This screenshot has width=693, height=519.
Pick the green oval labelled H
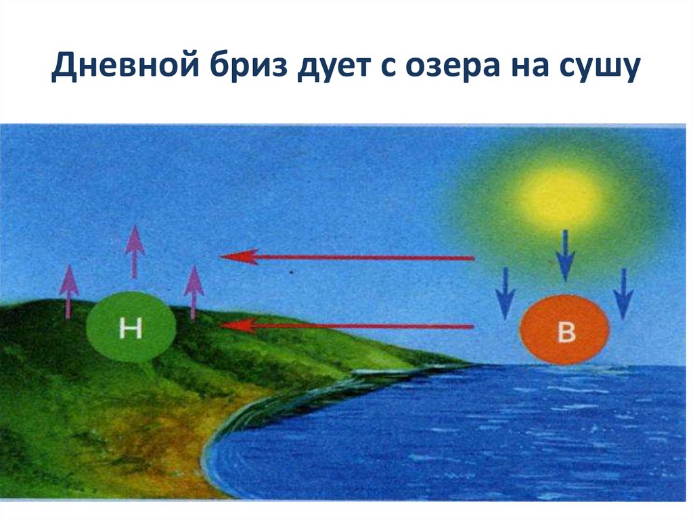coord(131,327)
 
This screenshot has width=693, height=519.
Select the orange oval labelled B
coord(564,331)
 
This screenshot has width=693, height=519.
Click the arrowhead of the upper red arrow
coord(234,256)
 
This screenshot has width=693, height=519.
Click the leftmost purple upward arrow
coord(68,291)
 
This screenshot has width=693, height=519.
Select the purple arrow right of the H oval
coord(194,292)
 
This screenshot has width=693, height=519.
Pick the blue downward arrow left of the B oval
coord(505,292)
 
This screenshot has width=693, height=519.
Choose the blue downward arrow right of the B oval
coord(623,292)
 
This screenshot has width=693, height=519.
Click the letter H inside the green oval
coord(129,329)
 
